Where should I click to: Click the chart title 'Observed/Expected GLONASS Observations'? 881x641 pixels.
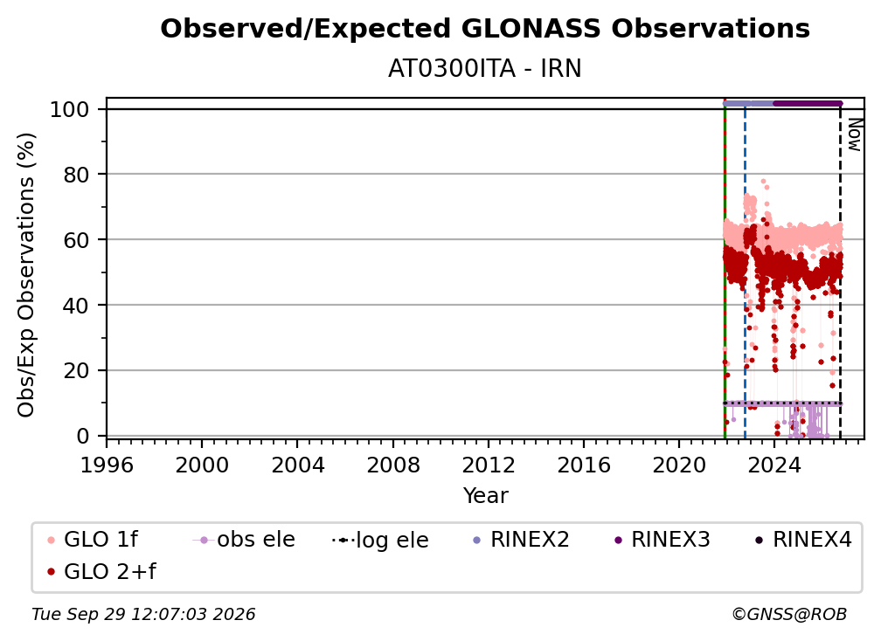click(485, 29)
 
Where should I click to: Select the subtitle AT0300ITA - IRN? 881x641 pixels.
click(485, 68)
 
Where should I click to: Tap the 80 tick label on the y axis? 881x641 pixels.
click(76, 175)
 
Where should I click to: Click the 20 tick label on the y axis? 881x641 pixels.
click(76, 370)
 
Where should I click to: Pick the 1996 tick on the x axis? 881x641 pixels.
click(107, 465)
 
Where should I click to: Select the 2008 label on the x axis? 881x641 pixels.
click(392, 465)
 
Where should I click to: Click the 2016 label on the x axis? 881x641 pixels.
click(584, 465)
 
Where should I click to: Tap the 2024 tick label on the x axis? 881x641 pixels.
click(774, 465)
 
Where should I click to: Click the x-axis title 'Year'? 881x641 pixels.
click(485, 496)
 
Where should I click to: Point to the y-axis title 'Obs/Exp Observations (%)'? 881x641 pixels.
click(26, 275)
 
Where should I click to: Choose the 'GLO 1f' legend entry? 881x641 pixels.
click(93, 540)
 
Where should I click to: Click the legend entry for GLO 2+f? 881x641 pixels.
click(101, 571)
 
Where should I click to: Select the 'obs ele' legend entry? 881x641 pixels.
click(244, 540)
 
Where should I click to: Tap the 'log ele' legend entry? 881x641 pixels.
click(380, 540)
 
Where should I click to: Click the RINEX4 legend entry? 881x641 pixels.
click(803, 540)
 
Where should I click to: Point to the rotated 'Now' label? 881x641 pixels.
click(854, 134)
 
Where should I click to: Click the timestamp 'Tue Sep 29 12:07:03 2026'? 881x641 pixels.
click(143, 614)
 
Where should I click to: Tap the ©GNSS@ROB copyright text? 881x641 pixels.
click(789, 614)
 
